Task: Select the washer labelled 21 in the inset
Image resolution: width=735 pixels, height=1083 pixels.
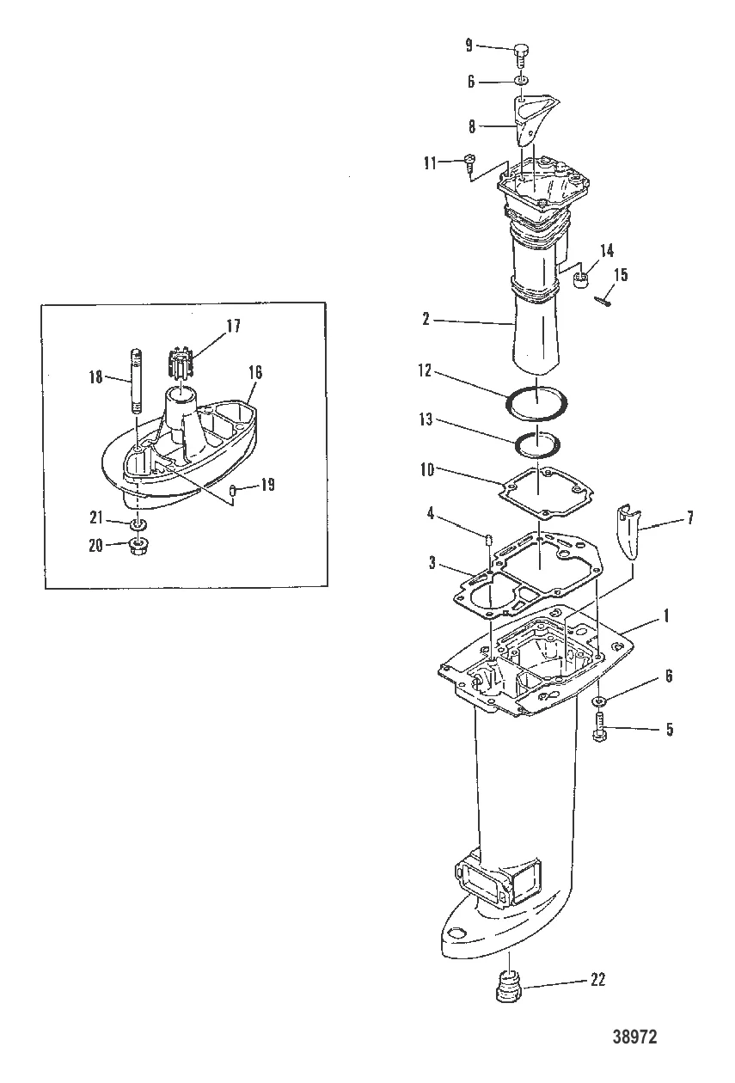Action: coord(138,523)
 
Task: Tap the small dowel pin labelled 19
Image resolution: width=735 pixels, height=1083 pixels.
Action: coord(234,489)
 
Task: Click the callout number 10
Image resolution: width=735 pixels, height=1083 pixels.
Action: coord(450,471)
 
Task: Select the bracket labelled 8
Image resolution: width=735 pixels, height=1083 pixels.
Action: coord(523,123)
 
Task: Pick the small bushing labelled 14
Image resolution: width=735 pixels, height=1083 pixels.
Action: coord(579,279)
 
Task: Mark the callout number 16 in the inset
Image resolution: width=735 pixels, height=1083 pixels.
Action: coord(254,372)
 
